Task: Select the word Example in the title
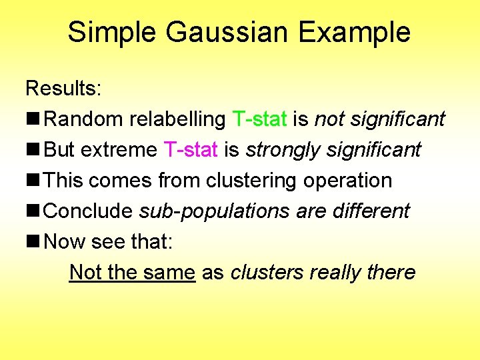coord(355,32)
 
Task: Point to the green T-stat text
coord(260,119)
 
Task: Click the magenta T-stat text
coord(190,150)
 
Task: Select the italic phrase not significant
coord(379,119)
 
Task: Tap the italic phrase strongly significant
coord(333,150)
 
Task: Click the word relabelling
coord(177,119)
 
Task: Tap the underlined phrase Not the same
coord(132,272)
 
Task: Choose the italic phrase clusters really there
coord(323,272)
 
